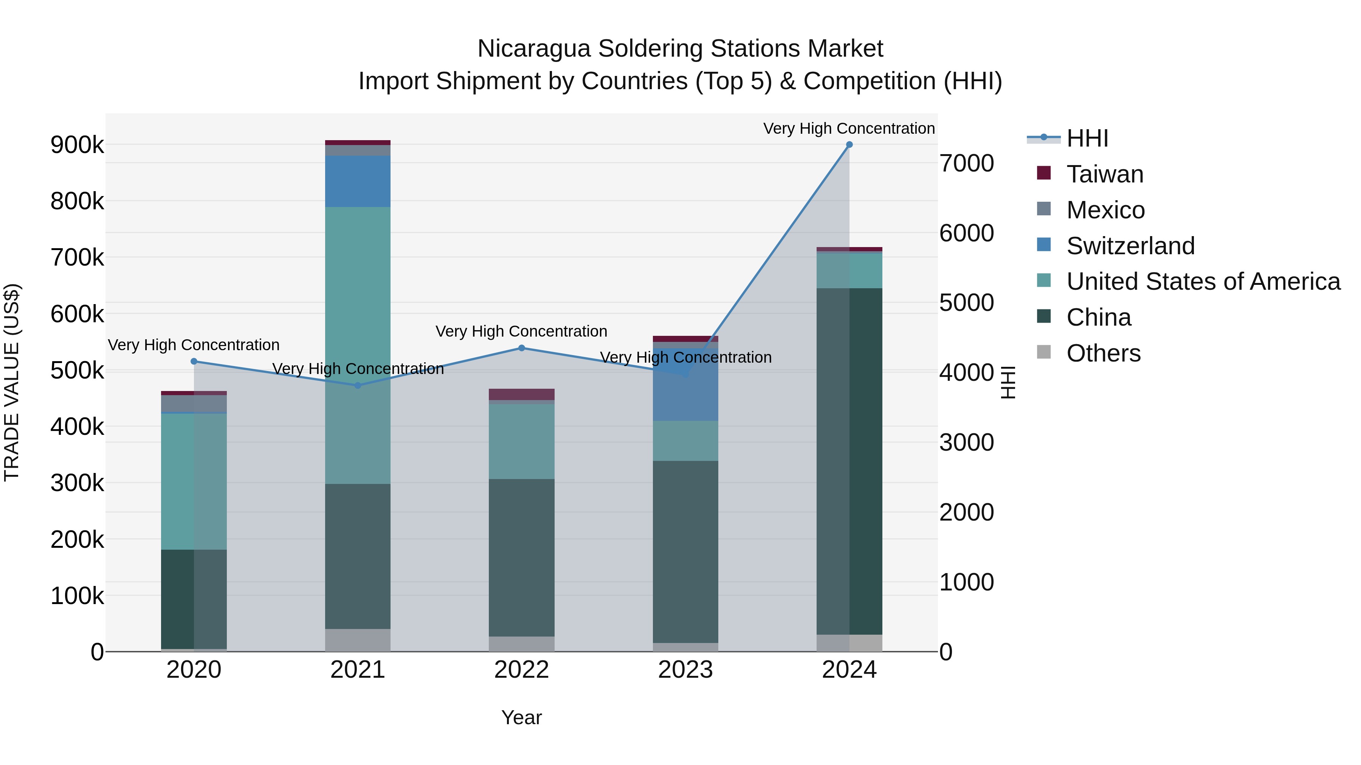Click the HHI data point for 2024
click(x=849, y=145)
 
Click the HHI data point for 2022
click(x=521, y=348)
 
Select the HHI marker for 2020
click(x=194, y=362)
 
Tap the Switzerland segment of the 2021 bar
click(x=358, y=181)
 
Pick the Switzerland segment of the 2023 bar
click(x=685, y=391)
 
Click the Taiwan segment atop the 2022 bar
click(x=521, y=394)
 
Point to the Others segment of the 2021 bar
click(x=358, y=640)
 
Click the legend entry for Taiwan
click(x=1105, y=174)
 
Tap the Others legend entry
click(x=1103, y=353)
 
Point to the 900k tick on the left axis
click(x=77, y=145)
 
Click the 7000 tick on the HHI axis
click(x=966, y=163)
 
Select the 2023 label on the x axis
click(x=685, y=670)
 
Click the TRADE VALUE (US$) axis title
click(x=12, y=382)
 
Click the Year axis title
click(x=521, y=717)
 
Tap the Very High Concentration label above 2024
click(x=849, y=128)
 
